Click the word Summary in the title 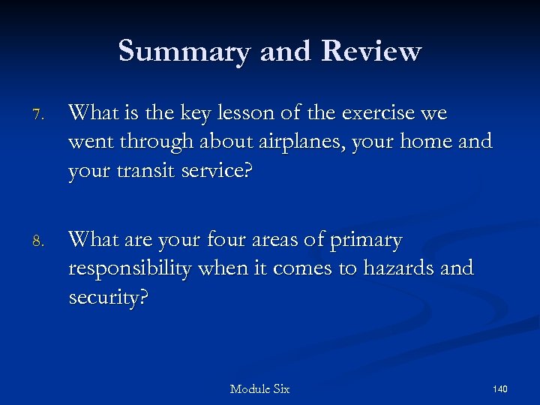pyautogui.click(x=184, y=51)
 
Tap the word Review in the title pyautogui.click(x=371, y=51)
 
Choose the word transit pyautogui.click(x=142, y=170)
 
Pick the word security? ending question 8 pyautogui.click(x=109, y=298)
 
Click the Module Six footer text pyautogui.click(x=259, y=389)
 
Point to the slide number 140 pyautogui.click(x=500, y=389)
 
